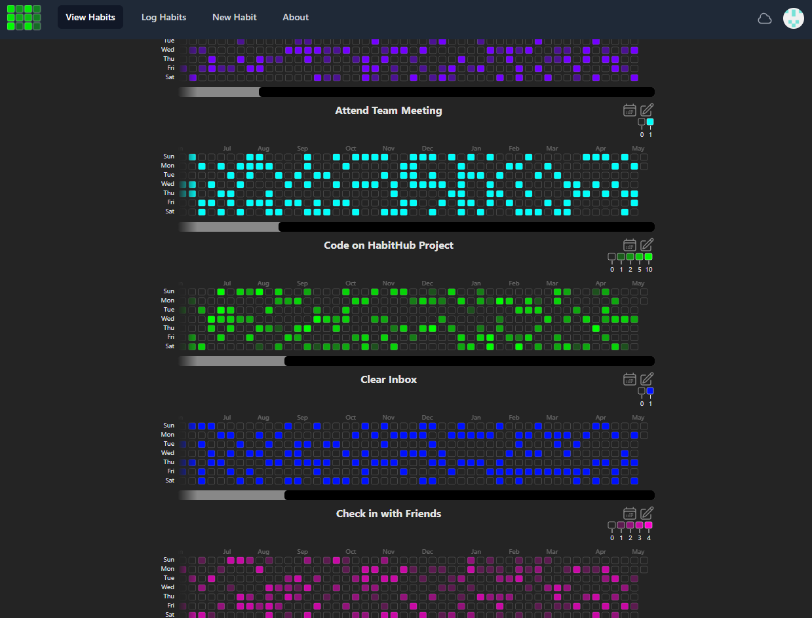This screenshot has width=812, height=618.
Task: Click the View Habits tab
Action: coord(90,17)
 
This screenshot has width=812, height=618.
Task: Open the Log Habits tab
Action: coord(164,17)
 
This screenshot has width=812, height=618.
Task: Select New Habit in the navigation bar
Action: coord(235,17)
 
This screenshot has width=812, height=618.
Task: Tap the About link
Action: coord(296,17)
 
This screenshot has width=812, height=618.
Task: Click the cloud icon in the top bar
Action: coord(765,18)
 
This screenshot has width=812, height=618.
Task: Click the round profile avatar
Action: coord(793,18)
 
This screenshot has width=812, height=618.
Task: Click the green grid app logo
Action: coord(24,18)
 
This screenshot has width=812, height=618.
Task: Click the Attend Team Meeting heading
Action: coord(389,111)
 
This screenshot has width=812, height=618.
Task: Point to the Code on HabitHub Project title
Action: coord(389,245)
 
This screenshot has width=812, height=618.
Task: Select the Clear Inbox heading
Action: coord(389,380)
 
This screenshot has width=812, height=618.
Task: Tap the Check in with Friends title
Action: coord(389,514)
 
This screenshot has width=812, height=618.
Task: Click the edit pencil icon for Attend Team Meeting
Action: coord(647,110)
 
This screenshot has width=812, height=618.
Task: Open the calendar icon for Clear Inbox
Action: coord(630,379)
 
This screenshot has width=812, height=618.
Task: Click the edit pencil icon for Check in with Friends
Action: coord(647,513)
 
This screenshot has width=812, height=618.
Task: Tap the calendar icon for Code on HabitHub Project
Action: coord(630,245)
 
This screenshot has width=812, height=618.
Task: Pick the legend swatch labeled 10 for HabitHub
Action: coord(649,257)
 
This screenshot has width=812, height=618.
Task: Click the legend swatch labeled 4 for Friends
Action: coord(649,525)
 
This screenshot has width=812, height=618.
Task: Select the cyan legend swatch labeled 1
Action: coord(650,122)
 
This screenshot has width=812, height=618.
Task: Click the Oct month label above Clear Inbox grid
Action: coord(351,418)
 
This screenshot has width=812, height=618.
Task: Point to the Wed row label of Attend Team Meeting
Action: coord(168,184)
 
